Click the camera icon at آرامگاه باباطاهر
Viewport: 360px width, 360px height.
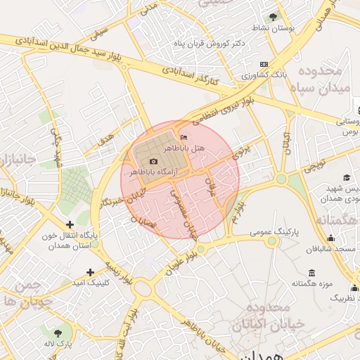(154, 162)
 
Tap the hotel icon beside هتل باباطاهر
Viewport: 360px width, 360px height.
(184, 137)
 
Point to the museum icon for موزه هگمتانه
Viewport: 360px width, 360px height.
(311, 274)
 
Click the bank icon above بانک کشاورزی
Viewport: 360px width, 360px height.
(264, 64)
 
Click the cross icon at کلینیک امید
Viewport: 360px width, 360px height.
(90, 271)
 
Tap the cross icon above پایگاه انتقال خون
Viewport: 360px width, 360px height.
(69, 224)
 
